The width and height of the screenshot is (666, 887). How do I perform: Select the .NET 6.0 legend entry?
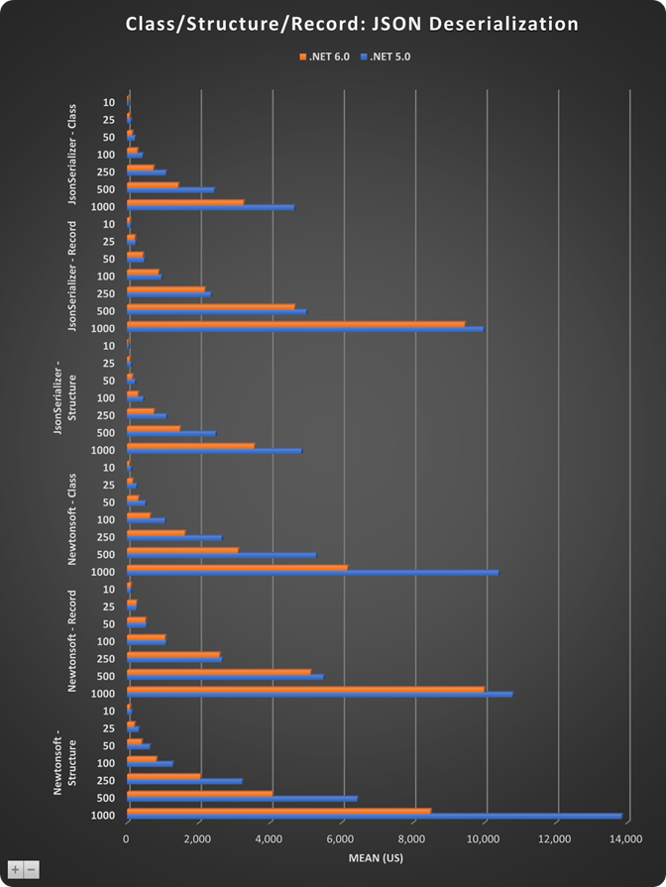[326, 56]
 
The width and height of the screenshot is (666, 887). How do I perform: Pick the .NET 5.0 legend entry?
[388, 56]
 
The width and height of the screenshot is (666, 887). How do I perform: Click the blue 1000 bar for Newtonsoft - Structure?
[375, 817]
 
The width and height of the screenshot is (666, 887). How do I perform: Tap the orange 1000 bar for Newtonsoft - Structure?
[279, 811]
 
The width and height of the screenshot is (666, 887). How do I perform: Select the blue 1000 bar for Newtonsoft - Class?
[313, 573]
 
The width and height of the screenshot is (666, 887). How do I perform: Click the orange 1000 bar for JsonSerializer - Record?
[296, 323]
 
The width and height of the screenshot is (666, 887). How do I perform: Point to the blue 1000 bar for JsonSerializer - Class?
[211, 207]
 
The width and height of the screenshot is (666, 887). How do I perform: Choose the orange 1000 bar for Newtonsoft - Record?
[306, 689]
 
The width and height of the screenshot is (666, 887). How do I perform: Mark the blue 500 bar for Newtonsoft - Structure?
[243, 799]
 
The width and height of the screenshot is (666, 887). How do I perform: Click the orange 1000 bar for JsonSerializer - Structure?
[191, 446]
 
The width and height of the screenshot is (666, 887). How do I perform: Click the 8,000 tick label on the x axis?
[414, 838]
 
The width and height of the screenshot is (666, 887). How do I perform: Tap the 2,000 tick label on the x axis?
[199, 838]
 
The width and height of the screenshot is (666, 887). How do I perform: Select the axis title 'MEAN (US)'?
[377, 857]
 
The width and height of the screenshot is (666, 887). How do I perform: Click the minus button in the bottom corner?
[32, 869]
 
